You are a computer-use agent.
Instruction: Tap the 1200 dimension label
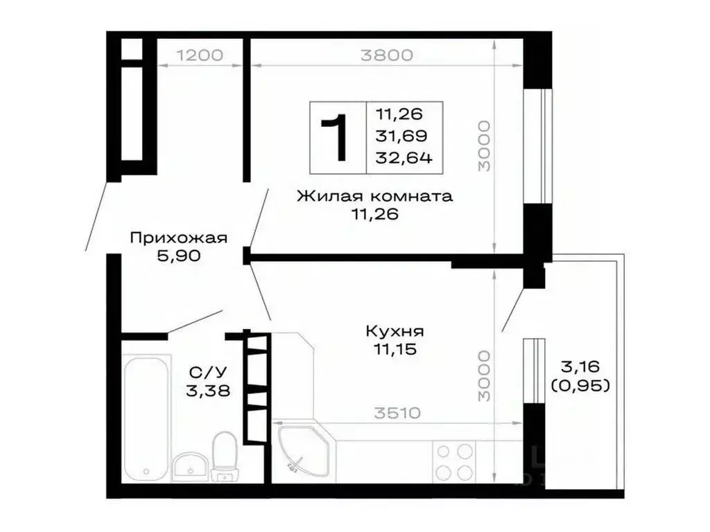pos(200,55)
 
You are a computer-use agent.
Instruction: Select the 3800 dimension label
pos(386,55)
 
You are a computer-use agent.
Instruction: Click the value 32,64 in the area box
pos(404,158)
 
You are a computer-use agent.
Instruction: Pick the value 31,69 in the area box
pos(402,136)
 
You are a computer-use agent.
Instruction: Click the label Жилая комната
pos(374,196)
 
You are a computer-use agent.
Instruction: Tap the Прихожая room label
pos(179,238)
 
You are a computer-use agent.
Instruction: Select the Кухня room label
pos(395,331)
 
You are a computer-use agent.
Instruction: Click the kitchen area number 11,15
pos(394,350)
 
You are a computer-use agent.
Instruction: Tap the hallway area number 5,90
pos(179,256)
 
